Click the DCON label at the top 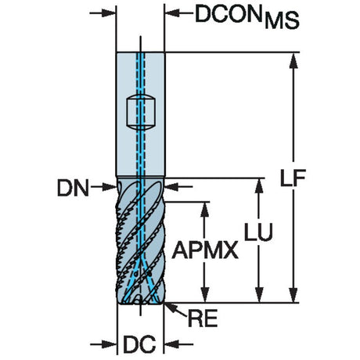click(x=229, y=14)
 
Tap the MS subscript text click(x=282, y=20)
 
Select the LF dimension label click(x=293, y=178)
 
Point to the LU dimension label click(x=258, y=232)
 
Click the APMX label click(x=205, y=250)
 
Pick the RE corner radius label click(x=203, y=319)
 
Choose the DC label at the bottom click(x=139, y=344)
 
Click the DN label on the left click(x=73, y=188)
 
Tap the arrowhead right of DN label click(x=109, y=187)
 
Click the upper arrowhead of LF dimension click(x=293, y=60)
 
